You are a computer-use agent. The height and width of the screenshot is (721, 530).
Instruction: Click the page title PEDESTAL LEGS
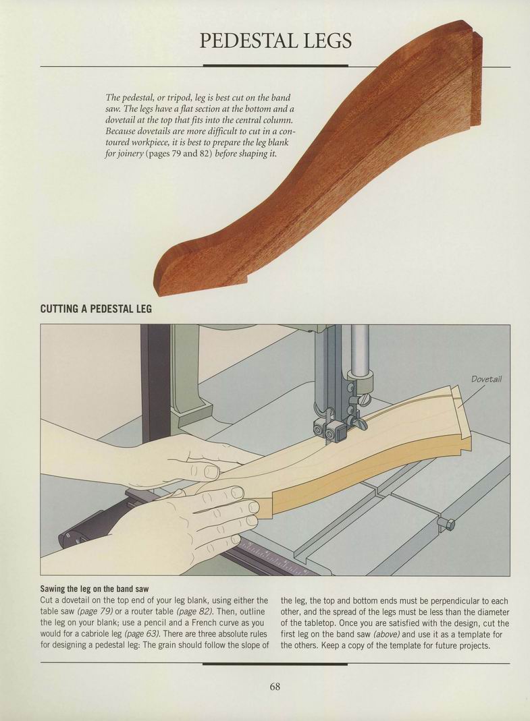276,40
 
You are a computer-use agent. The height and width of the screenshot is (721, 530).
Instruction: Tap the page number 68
275,687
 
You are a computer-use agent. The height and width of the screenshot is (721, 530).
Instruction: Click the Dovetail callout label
486,379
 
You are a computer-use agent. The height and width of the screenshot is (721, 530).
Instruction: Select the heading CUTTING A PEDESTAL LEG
96,308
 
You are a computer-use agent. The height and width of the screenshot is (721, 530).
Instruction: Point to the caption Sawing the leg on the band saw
95,589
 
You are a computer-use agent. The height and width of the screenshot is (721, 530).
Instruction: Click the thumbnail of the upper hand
212,471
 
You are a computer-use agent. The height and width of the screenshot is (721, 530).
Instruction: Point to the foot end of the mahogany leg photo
180,271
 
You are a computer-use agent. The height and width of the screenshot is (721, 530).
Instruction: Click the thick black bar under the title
275,65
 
